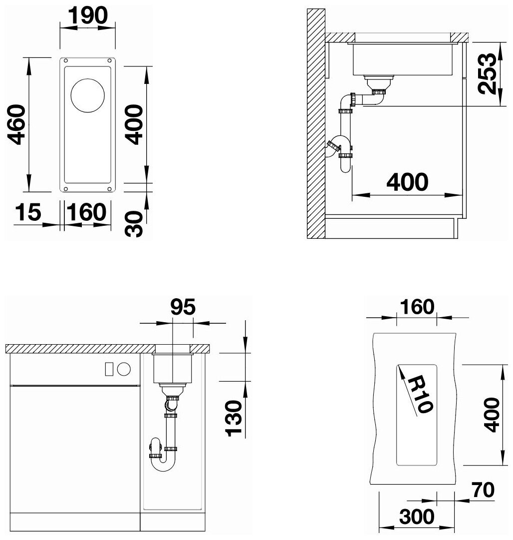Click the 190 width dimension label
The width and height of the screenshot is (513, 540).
88,15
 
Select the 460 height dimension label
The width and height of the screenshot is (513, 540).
16,125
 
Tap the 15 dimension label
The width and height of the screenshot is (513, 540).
28,212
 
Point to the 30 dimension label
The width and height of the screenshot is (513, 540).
134,224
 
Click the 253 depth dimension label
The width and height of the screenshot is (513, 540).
488,74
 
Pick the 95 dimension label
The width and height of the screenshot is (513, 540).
183,307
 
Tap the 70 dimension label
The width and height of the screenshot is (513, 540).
483,490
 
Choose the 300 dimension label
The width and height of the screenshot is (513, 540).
417,517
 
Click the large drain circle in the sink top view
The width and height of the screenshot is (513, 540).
87,95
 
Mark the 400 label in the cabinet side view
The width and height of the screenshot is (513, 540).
407,182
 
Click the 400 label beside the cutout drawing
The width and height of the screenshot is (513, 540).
492,415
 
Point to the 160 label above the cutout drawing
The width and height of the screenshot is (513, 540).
417,307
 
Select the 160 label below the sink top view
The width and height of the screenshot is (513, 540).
86,212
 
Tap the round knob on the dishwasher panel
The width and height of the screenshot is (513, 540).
124,369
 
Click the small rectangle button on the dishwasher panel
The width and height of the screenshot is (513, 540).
109,369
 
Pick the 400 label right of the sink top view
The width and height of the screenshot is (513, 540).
134,125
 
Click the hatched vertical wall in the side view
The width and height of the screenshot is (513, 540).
316,123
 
